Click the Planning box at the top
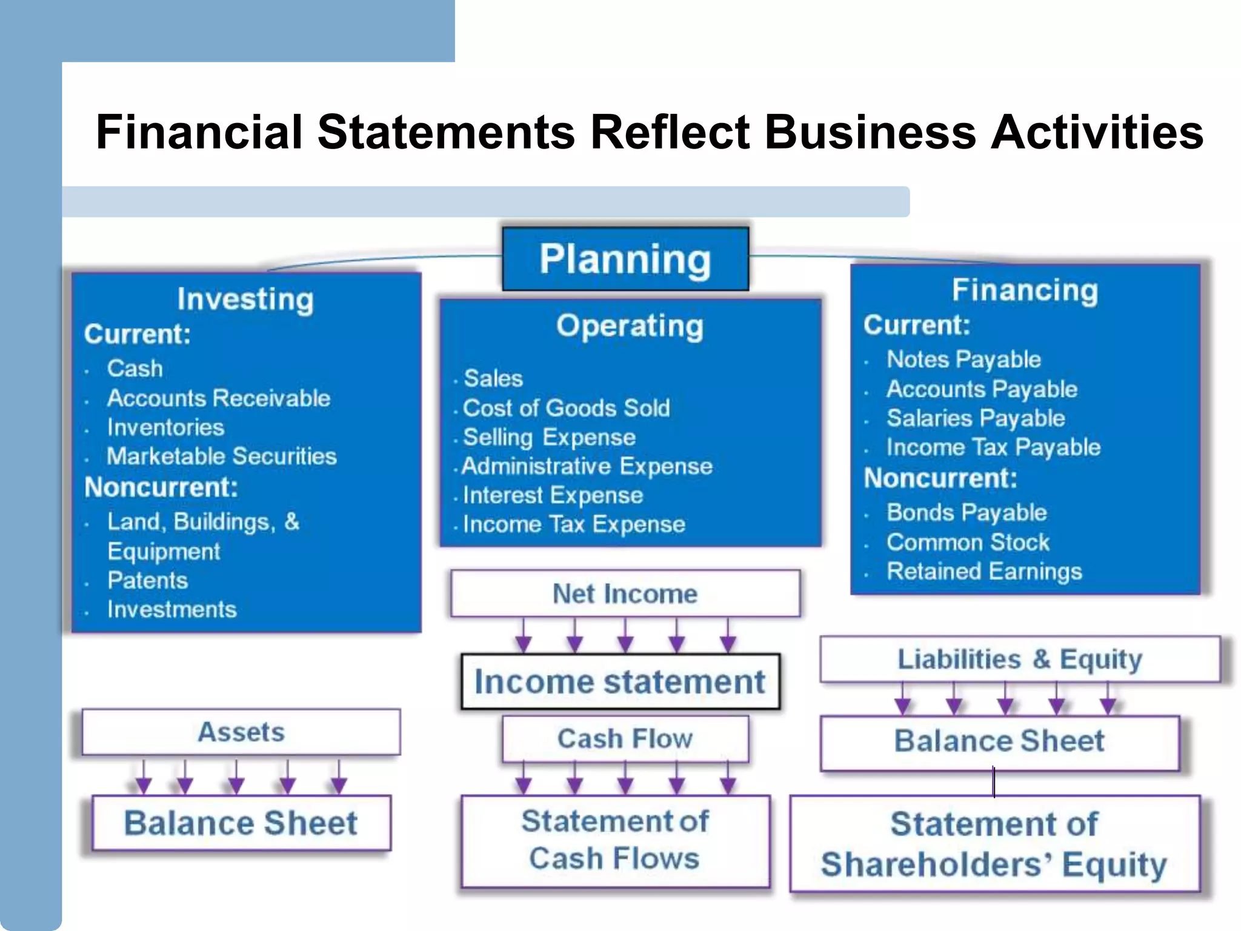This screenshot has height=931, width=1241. [625, 259]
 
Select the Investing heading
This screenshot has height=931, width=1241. [245, 299]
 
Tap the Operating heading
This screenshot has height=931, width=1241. [630, 326]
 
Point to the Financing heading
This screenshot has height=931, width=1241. [1025, 290]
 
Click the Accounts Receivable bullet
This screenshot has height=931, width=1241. [219, 398]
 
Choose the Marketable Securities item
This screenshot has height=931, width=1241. [221, 456]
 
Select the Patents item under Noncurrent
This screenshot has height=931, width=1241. [148, 580]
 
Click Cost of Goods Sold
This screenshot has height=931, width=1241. [567, 408]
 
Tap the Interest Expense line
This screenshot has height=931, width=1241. [553, 495]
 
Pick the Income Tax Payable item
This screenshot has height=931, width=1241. [993, 447]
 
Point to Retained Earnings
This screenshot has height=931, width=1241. [984, 571]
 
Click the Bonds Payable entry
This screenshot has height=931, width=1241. [967, 513]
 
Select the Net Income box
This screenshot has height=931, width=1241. [625, 593]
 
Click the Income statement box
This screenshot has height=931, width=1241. [620, 682]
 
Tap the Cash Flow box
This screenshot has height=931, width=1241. [625, 739]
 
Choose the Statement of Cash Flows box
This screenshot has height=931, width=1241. [615, 841]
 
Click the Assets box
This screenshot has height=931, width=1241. [241, 732]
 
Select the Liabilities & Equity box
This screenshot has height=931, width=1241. [1020, 659]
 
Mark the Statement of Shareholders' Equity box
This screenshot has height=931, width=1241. [994, 844]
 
